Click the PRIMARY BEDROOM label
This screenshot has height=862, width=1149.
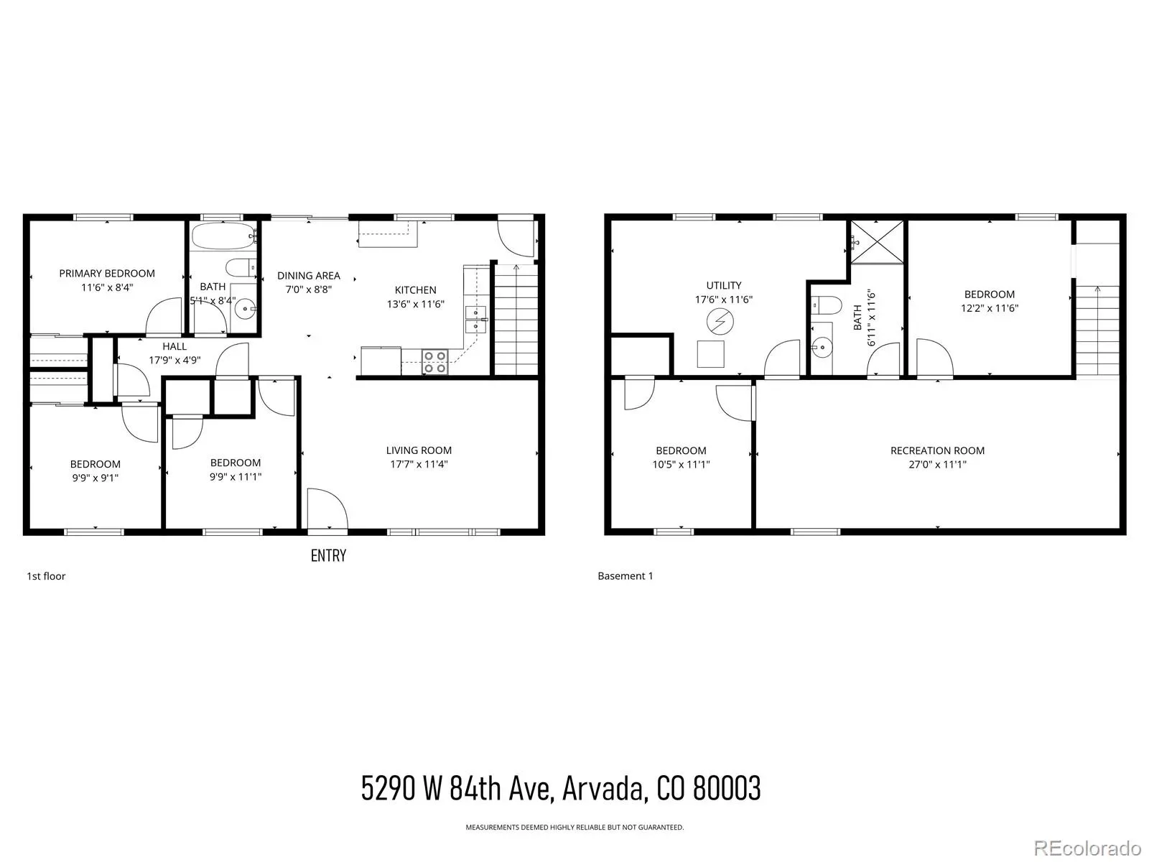tap(107, 273)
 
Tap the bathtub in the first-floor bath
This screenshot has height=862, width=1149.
tap(225, 236)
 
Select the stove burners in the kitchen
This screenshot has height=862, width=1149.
tap(435, 362)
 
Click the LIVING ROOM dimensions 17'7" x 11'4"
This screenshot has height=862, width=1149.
tap(419, 464)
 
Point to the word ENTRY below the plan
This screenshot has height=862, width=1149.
tap(328, 555)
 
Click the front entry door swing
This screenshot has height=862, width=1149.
tap(327, 510)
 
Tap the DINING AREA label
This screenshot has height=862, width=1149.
tap(308, 275)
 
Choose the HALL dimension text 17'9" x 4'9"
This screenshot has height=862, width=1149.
tap(175, 360)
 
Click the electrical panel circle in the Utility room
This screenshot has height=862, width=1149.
tap(720, 322)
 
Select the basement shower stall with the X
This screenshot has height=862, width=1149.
tap(878, 242)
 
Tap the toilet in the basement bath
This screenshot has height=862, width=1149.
tap(826, 305)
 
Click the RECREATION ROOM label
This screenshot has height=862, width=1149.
tap(938, 450)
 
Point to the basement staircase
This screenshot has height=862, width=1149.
tap(1097, 330)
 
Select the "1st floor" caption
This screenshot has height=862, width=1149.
tap(46, 576)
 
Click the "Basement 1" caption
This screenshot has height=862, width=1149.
tap(625, 576)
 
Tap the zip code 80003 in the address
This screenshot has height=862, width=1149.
tap(727, 788)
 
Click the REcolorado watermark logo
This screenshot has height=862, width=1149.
tap(1088, 848)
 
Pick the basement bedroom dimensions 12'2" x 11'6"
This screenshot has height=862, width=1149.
tap(990, 308)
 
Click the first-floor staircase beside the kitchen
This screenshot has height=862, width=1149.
tap(516, 320)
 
